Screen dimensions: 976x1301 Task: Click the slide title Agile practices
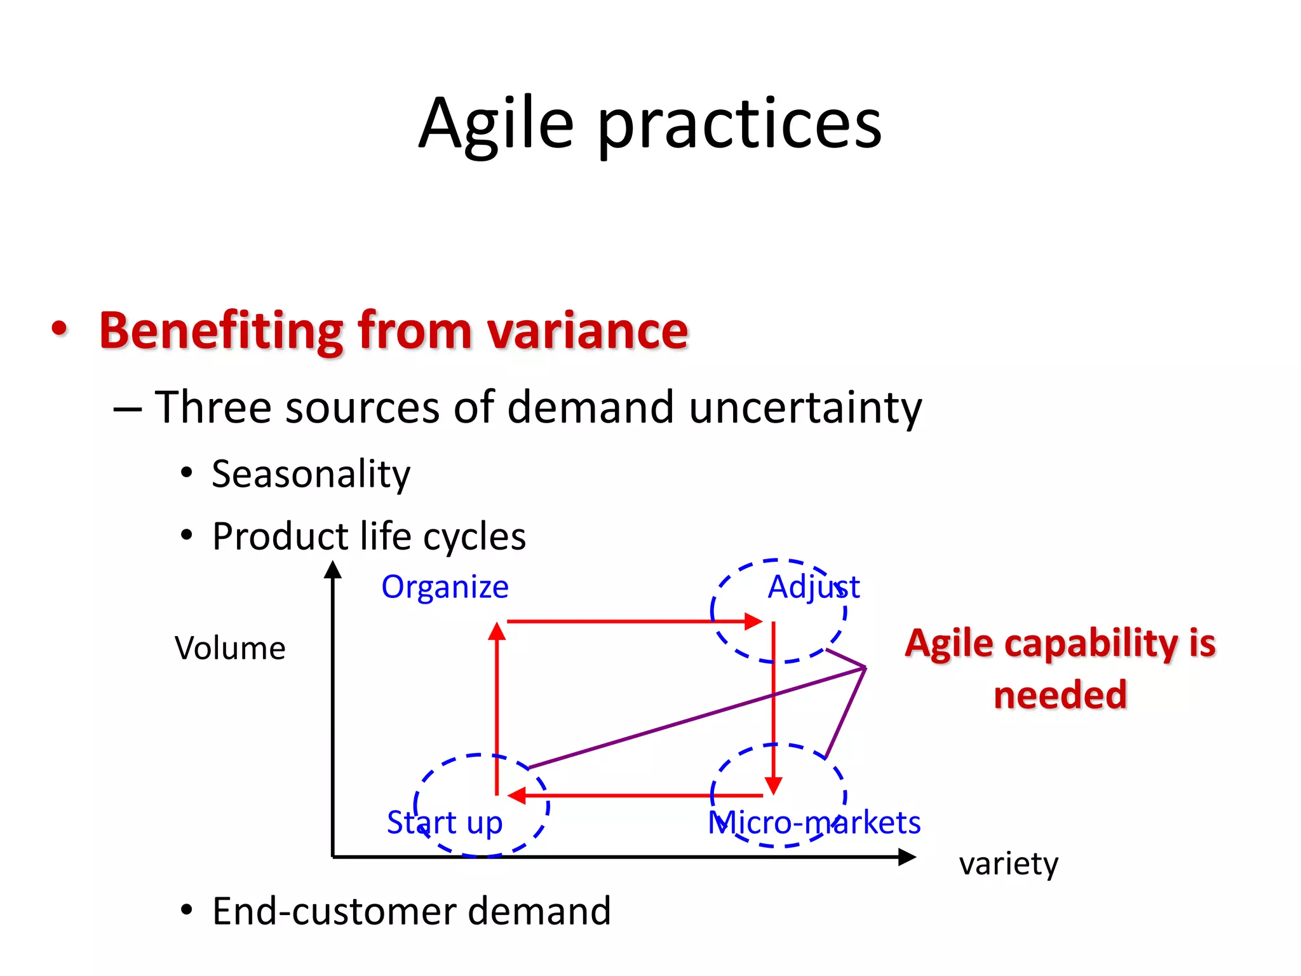650,124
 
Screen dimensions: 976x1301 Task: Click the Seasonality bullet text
311,475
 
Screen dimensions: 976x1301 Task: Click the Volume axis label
230,649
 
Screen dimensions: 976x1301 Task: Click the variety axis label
1008,864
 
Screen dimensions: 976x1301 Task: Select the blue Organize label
445,587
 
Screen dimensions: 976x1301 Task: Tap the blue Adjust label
813,587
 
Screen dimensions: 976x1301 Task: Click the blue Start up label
445,823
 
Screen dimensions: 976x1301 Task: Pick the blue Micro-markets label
814,823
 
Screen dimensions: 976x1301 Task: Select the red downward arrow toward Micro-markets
773,705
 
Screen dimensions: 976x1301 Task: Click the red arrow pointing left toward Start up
635,795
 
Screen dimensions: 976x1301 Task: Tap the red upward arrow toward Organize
497,705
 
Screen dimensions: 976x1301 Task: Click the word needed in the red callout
1060,695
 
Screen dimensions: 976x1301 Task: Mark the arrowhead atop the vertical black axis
333,569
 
